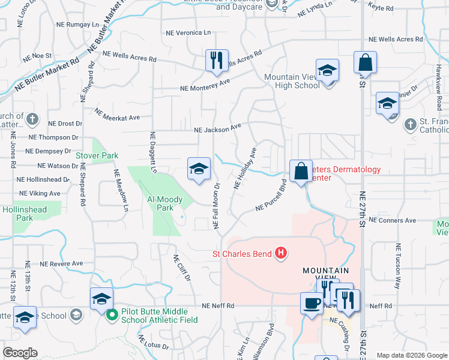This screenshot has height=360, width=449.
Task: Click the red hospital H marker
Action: pos(280,254)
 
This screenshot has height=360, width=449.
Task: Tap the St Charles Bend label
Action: pos(243,254)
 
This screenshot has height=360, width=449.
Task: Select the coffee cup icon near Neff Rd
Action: pos(311,304)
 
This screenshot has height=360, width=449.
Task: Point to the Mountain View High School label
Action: pos(292,81)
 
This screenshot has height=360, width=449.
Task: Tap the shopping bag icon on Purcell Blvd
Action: pos(300,171)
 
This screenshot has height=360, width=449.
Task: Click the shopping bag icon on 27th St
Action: pos(365,62)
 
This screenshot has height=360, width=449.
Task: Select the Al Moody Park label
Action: pos(160,203)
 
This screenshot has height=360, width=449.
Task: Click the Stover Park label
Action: pos(97,155)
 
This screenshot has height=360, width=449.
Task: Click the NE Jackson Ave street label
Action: pos(217,128)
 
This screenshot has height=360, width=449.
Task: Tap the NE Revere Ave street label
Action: pos(61,263)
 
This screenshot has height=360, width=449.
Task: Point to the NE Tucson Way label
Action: pos(397,267)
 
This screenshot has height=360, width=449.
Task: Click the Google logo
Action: pos(20,353)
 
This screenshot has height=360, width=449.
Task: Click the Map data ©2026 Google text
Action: pos(412,355)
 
